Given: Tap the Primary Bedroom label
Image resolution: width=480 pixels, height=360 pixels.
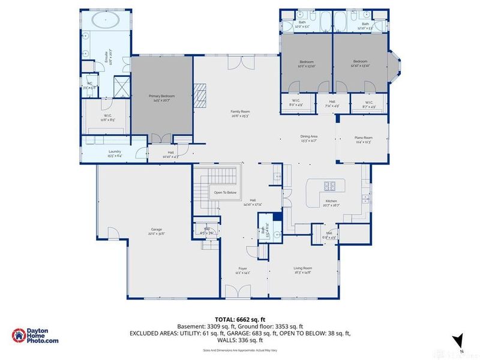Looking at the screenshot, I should click(162, 97).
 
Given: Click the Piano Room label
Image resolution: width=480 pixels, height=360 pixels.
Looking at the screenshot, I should click(364, 140).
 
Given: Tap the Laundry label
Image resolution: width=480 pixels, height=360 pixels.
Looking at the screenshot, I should click(114, 154).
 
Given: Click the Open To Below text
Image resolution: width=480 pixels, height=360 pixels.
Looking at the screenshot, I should click(225, 193).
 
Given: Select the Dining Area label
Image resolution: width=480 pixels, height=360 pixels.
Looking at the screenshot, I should click(309, 138).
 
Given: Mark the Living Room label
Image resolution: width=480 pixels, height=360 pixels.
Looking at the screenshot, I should click(302, 269).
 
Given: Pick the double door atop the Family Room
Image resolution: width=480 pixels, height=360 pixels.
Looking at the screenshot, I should click(236, 62).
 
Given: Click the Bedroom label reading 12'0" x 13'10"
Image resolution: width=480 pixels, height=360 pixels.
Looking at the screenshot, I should click(307, 63).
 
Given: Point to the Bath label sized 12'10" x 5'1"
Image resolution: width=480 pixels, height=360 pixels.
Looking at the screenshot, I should click(365, 25).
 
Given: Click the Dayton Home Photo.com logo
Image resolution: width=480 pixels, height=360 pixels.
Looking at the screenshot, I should click(36, 336).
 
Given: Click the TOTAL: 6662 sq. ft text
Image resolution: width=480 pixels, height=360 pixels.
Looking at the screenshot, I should click(240, 319).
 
